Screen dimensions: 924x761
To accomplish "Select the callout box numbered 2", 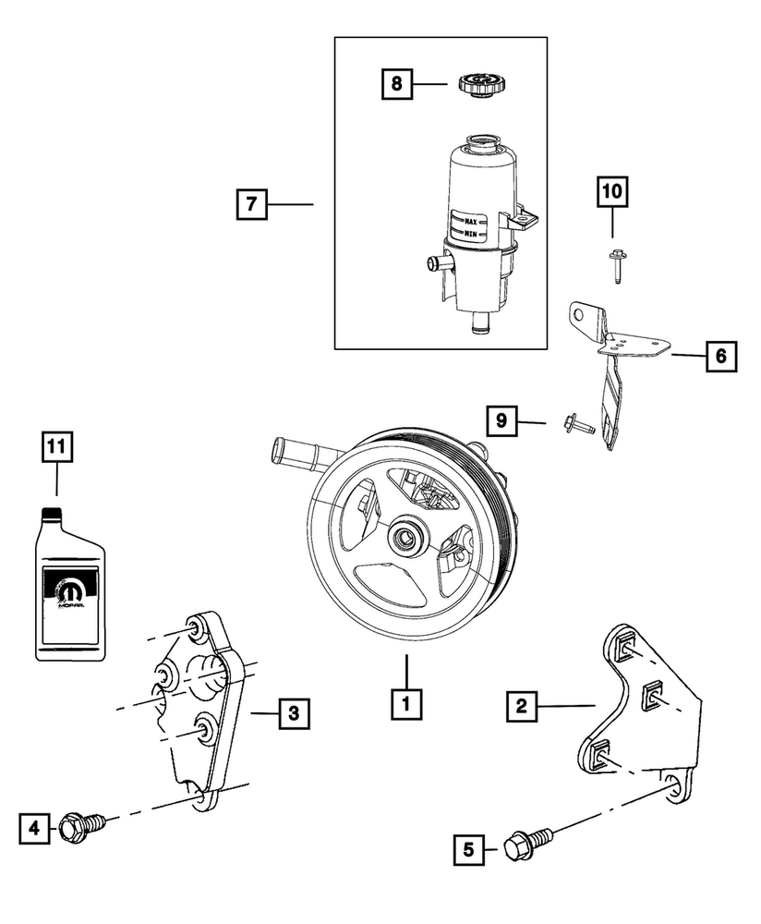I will point(522,707).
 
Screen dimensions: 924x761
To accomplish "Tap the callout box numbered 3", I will point(292,712).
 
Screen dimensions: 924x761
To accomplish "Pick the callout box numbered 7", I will point(251,203).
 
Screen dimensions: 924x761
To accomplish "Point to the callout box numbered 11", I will point(56,448).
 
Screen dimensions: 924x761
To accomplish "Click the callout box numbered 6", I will point(721,355).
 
